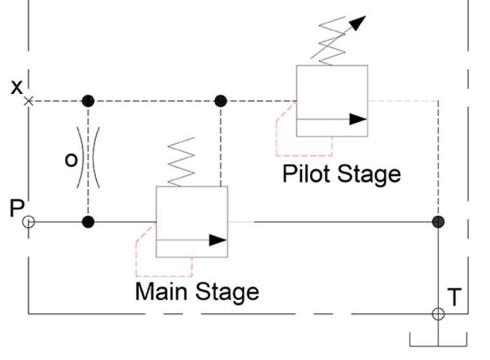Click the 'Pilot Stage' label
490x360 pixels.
tap(341, 174)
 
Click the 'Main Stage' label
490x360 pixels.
tap(197, 292)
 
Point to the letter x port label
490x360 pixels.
tap(17, 86)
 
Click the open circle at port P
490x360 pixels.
tap(28, 222)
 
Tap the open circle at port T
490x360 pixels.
tap(438, 313)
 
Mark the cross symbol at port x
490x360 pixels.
tap(28, 101)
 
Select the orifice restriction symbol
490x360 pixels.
tap(88, 160)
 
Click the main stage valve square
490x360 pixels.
tap(192, 222)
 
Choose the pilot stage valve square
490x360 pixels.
tap(332, 101)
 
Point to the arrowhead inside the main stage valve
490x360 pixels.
tap(217, 240)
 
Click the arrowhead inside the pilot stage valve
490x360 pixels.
tap(358, 120)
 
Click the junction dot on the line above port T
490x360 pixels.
tap(438, 222)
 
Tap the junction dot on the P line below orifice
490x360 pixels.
tap(88, 222)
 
